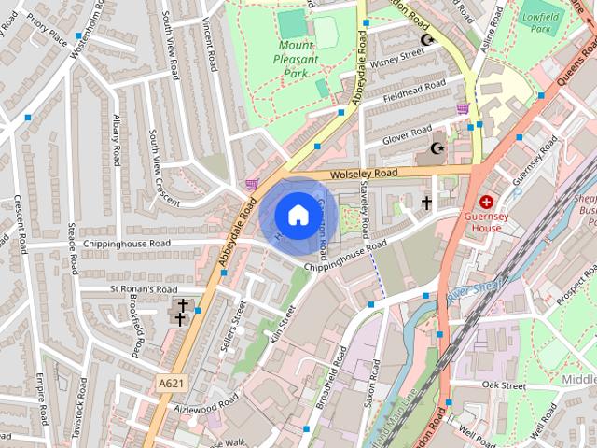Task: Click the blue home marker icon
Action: (x=296, y=216)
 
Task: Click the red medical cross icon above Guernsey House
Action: (x=486, y=202)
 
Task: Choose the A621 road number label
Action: (x=171, y=384)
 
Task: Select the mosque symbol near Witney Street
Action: (x=428, y=39)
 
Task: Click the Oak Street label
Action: (x=504, y=385)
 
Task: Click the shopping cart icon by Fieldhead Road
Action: (x=462, y=108)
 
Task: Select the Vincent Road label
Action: (x=209, y=47)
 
